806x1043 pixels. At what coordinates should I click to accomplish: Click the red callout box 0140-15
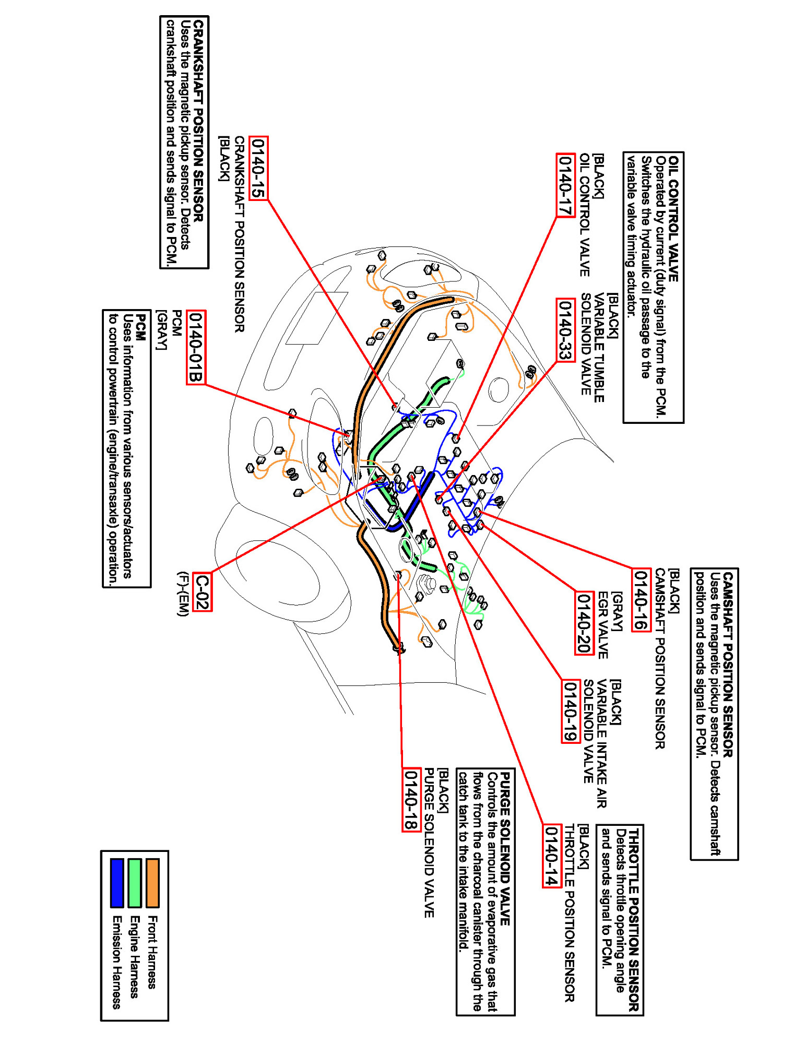tap(258, 168)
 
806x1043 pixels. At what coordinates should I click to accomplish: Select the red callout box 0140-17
tap(565, 185)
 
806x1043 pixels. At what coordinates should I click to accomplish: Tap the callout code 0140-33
tap(565, 330)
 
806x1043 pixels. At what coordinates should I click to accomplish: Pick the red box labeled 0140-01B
tap(196, 347)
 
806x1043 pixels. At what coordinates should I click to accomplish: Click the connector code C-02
tap(202, 591)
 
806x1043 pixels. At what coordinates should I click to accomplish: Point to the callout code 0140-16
tap(641, 600)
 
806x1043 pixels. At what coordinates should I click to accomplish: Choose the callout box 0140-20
tap(584, 623)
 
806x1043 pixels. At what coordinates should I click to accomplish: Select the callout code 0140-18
tap(411, 800)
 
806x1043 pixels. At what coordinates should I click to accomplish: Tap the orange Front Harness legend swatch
tap(152, 883)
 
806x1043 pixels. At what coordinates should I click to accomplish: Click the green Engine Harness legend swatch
tap(135, 883)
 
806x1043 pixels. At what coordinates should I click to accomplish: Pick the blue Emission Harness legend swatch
tap(117, 883)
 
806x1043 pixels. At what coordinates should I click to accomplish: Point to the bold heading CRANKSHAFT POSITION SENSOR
tap(198, 121)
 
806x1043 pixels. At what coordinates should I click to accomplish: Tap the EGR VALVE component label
tap(603, 625)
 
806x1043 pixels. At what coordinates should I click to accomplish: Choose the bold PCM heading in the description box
tap(140, 327)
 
